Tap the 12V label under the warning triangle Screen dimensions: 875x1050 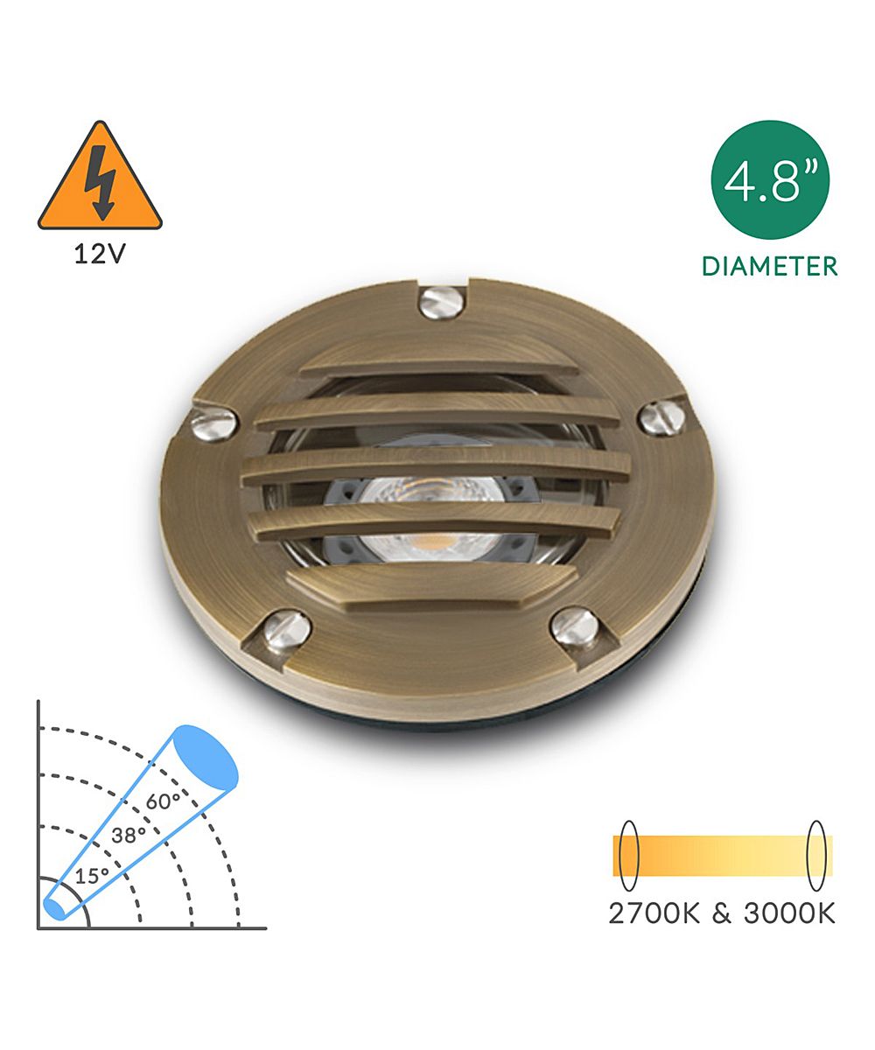coord(100,255)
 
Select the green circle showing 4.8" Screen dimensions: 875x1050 coord(770,179)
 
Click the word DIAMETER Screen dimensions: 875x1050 coord(770,266)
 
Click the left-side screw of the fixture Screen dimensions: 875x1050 coord(213,423)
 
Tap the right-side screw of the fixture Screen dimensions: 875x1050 coord(661,417)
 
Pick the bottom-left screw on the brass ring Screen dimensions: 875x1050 coord(287,629)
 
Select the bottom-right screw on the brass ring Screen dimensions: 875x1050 coord(575,626)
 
